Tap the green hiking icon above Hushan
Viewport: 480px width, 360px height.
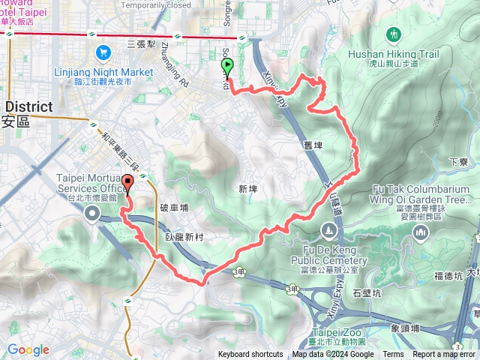coord(394,34)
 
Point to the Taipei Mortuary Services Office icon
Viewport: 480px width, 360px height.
coord(93,215)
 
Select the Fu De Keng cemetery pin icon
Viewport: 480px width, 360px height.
coord(328,229)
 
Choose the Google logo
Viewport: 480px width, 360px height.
coord(28,349)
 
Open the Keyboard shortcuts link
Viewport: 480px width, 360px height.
coord(250,355)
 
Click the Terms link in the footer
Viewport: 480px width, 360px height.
coord(393,355)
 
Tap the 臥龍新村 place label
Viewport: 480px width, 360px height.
coord(184,236)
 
